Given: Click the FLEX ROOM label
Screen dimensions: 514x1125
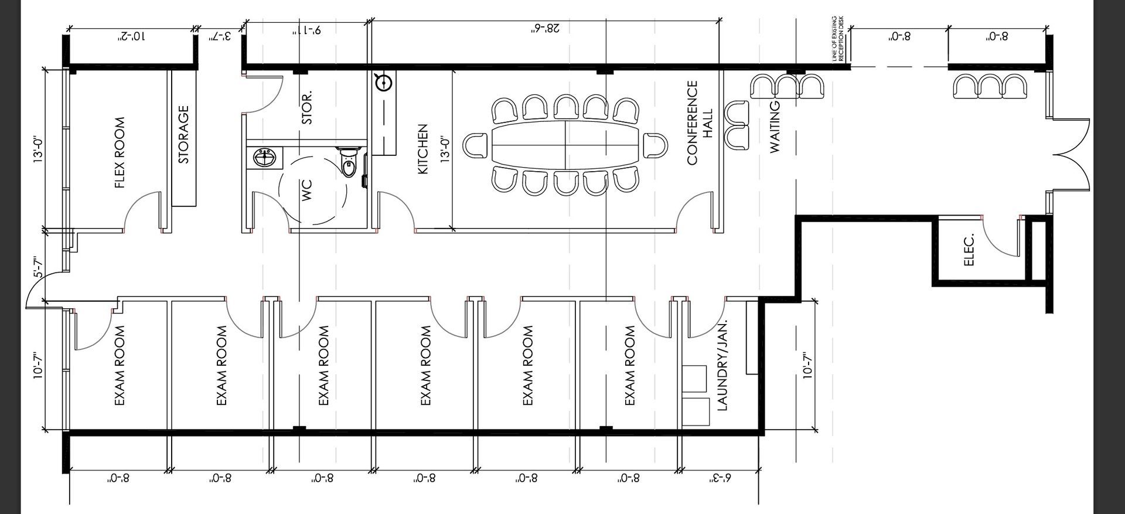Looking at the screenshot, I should point(120,153).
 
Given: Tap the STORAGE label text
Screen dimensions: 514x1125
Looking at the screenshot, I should point(183,134).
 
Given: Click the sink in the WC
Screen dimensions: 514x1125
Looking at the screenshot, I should point(265,158).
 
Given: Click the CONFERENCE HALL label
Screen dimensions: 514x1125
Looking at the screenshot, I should point(700,123).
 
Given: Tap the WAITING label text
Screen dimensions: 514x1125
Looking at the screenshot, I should point(775,127).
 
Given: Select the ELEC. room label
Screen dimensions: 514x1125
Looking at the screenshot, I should point(969,250).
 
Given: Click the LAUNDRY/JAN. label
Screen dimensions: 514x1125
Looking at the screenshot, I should point(722,365).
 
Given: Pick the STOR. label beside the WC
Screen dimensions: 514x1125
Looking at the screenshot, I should point(307,107).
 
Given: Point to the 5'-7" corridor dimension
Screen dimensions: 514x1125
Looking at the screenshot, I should point(37,267).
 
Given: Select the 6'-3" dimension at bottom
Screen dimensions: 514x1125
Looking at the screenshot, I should point(721,478).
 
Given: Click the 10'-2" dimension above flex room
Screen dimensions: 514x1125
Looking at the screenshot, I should point(132,36).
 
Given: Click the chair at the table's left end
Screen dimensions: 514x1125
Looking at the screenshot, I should point(475,145).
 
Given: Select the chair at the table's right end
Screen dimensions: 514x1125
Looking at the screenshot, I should point(655,145).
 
